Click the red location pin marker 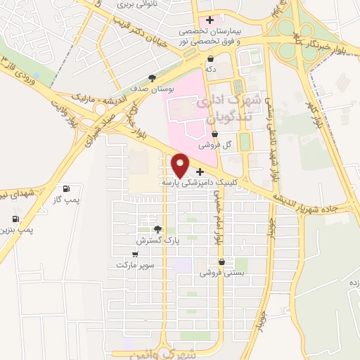click(x=181, y=165)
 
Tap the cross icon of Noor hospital click(x=210, y=20)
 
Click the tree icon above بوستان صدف click(x=152, y=79)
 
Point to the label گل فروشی click(x=215, y=145)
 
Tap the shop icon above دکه click(x=210, y=58)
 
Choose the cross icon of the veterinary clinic click(x=200, y=172)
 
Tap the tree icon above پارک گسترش click(x=157, y=229)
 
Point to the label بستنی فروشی click(x=222, y=272)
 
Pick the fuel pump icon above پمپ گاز click(x=66, y=188)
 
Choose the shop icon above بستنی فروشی click(x=222, y=262)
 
